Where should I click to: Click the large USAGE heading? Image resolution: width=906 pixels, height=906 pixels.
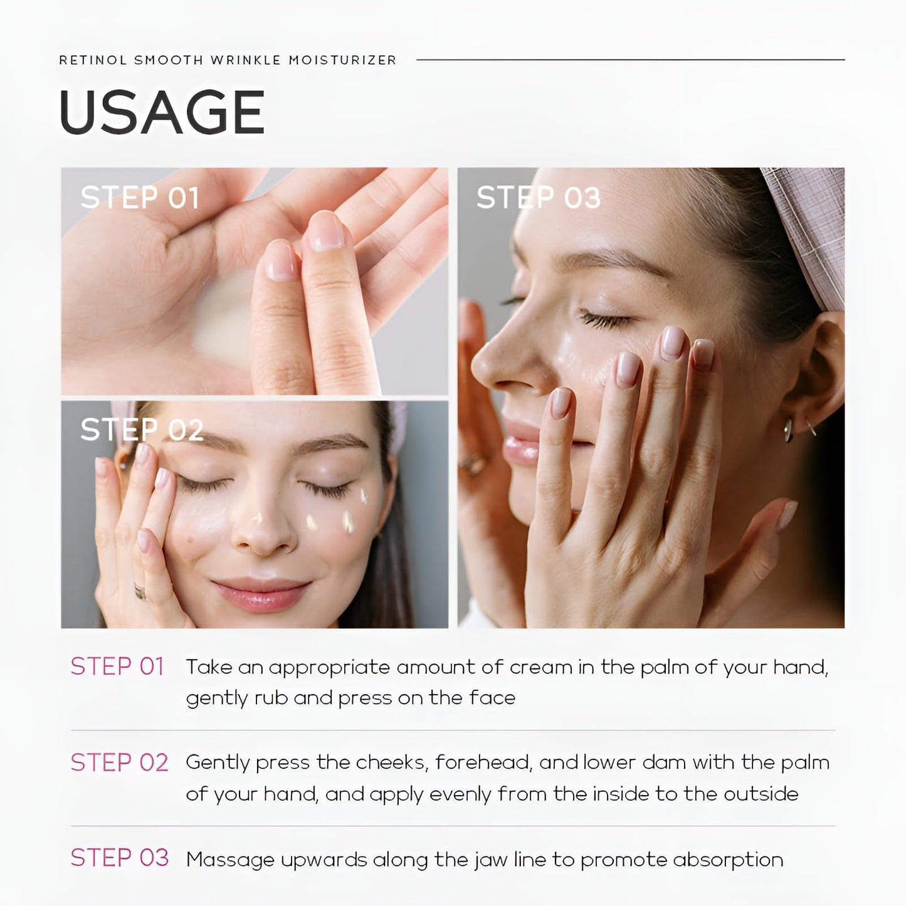pyautogui.click(x=162, y=112)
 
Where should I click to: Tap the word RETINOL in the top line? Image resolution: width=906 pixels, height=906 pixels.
pyautogui.click(x=93, y=60)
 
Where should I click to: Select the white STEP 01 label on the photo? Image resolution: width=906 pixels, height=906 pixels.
pyautogui.click(x=140, y=197)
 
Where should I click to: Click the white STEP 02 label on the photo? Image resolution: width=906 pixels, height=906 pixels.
pyautogui.click(x=142, y=429)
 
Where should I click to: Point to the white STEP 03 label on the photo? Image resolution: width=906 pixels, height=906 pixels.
pyautogui.click(x=539, y=197)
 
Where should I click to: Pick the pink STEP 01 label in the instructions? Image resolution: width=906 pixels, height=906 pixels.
pyautogui.click(x=117, y=666)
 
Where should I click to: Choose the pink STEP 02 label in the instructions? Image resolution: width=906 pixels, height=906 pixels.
pyautogui.click(x=119, y=762)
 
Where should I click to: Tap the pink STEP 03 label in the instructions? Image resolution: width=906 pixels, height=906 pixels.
pyautogui.click(x=119, y=857)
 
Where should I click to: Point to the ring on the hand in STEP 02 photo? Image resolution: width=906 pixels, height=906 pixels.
pyautogui.click(x=140, y=591)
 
